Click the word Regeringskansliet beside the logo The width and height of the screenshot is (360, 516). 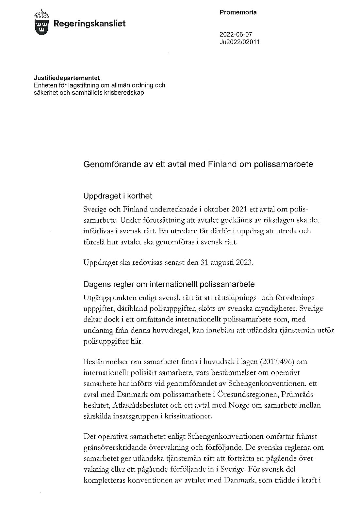pyautogui.click(x=89, y=23)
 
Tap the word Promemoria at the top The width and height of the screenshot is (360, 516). pyautogui.click(x=238, y=12)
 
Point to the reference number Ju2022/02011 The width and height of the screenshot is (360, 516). pyautogui.click(x=239, y=42)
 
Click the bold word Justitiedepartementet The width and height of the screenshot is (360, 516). pyautogui.click(x=67, y=78)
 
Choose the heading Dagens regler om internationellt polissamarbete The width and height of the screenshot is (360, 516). pyautogui.click(x=169, y=284)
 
